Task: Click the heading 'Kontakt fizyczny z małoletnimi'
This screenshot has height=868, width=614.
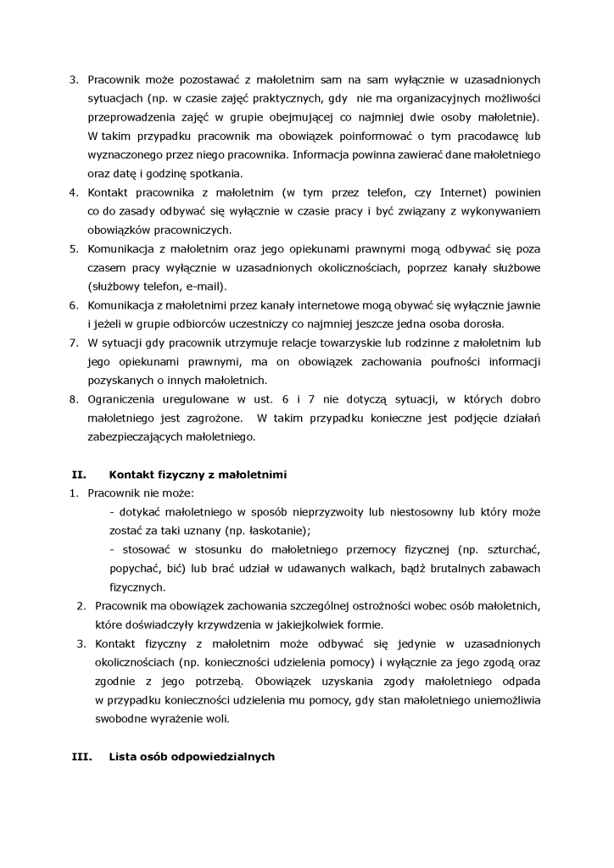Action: (198, 475)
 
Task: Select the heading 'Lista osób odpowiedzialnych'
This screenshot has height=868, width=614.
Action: (192, 757)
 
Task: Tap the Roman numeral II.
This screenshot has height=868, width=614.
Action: (75, 475)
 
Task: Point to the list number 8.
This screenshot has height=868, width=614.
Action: (73, 399)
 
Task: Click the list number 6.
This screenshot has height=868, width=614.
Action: (73, 305)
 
